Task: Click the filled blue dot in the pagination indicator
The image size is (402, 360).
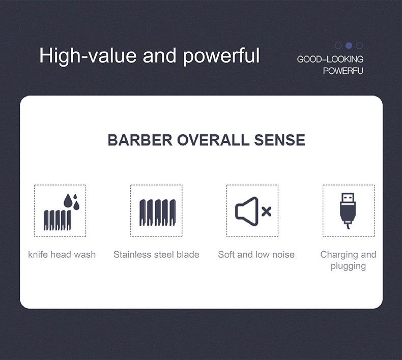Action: point(349,46)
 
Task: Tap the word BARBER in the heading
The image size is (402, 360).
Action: point(140,140)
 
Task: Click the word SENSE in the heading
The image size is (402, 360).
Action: point(279,140)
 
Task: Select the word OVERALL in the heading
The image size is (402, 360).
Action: point(213,140)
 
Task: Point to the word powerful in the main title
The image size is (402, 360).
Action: point(221,56)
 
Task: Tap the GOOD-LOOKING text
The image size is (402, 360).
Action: point(330,59)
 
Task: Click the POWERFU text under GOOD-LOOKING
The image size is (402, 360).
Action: point(343,71)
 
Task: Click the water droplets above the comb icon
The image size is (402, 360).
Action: point(72,202)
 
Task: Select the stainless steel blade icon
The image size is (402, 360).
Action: point(158,213)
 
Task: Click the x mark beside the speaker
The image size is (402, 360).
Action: point(266,212)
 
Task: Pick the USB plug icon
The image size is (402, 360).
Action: point(348,211)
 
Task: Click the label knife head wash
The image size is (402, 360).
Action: point(62,255)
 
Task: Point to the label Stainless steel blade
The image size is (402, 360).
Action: point(156,254)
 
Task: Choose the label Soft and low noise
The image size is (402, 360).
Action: point(256,254)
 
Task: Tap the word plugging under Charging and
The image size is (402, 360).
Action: point(348,266)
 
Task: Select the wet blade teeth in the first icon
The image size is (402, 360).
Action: point(58,220)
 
